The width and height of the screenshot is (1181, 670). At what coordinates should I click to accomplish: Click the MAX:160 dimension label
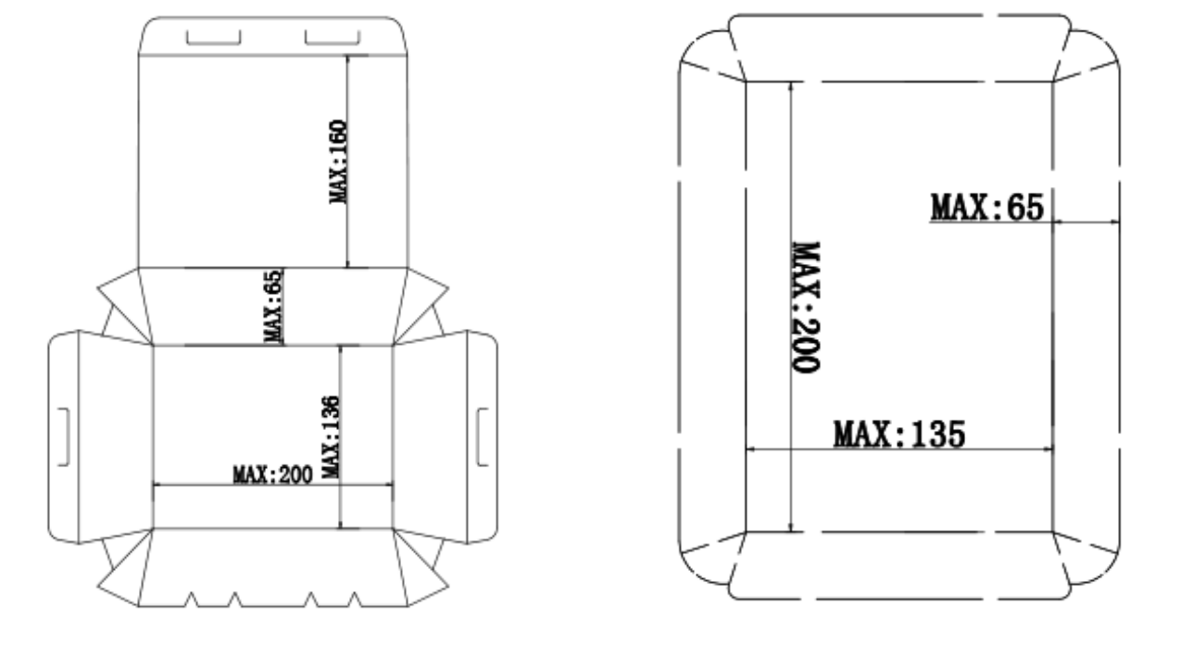click(339, 161)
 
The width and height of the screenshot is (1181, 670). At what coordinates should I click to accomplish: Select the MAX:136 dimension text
click(332, 436)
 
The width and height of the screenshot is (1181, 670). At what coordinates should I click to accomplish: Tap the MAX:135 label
click(898, 433)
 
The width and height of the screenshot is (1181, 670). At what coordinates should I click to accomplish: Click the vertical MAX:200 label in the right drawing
click(805, 308)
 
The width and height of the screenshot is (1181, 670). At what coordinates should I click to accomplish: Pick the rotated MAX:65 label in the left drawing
click(274, 306)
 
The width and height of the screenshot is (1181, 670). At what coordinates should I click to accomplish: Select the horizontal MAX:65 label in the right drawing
click(986, 207)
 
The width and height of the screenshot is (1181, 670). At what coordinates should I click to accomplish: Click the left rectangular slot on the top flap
click(213, 37)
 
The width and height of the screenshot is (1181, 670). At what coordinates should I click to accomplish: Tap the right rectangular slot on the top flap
click(332, 37)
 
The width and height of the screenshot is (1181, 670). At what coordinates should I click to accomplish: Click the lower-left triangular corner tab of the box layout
click(123, 568)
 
